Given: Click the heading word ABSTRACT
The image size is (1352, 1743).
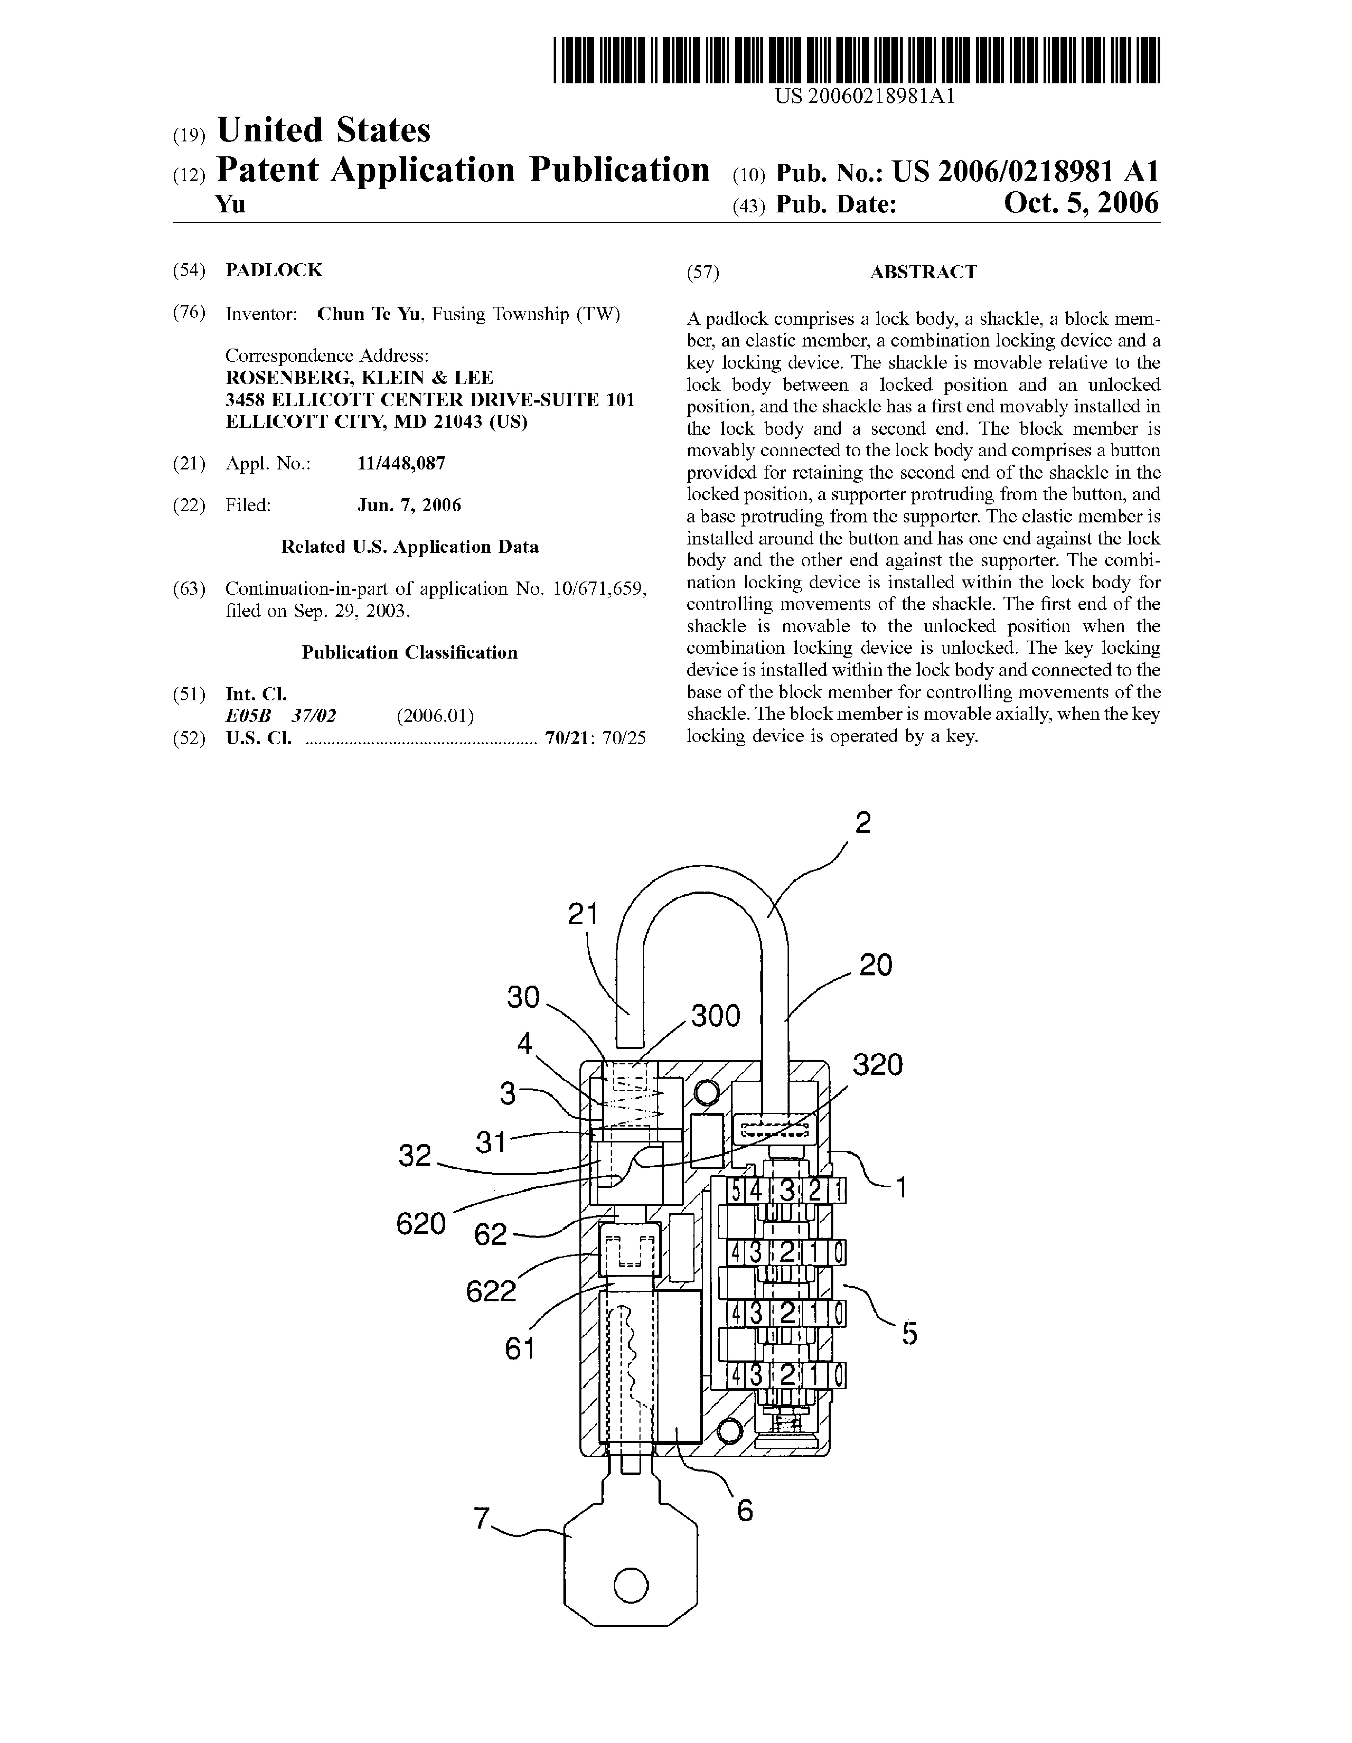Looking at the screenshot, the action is click(923, 272).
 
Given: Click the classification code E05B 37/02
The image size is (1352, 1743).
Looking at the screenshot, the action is click(281, 716).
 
